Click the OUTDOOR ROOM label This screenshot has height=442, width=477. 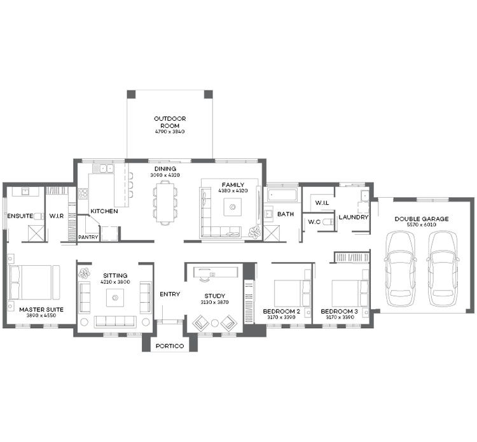point(169,121)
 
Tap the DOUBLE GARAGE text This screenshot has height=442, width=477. point(421,219)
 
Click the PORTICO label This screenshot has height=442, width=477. point(169,346)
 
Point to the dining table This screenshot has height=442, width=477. point(165,202)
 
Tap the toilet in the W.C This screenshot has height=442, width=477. point(327,223)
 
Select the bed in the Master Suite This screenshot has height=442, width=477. point(32,282)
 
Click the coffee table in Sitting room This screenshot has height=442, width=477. point(114,296)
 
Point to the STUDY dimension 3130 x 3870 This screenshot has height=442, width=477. point(215,303)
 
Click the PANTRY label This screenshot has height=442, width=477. point(87,237)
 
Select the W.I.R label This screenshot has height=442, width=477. point(57,216)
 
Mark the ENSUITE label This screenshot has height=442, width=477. point(20,216)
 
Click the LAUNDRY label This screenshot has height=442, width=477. point(354,218)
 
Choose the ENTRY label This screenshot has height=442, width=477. point(170,294)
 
